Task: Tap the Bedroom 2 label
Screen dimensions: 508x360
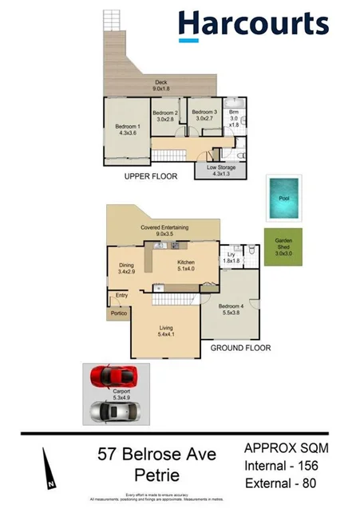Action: point(165,112)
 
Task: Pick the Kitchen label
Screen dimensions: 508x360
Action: point(186,262)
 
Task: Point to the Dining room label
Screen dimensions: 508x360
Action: point(125,266)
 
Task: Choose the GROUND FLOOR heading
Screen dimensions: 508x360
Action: point(240,348)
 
